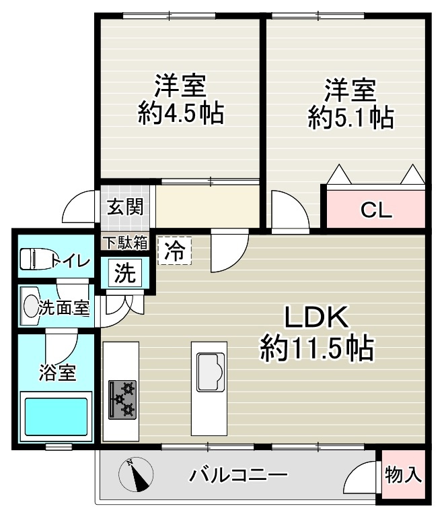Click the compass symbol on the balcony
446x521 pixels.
pos(137,475)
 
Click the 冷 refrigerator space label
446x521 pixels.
pos(174,251)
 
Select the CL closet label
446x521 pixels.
pos(376,210)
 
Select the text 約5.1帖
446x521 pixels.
pos(350,117)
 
